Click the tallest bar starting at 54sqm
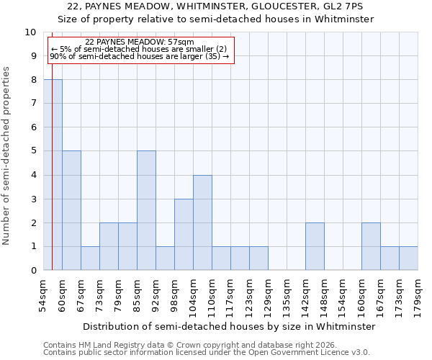coord(53,175)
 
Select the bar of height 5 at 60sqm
coord(71,210)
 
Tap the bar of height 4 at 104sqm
coord(202,222)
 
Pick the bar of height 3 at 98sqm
coord(184,234)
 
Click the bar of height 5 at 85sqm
coord(146,210)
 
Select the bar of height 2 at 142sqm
coord(315,246)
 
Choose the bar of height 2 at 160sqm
coord(371,246)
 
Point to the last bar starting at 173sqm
coord(408,258)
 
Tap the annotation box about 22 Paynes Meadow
coord(140,50)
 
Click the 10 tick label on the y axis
coord(30,32)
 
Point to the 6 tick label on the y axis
coord(33,127)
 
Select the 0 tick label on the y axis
coord(33,271)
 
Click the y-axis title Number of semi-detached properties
coord(7,156)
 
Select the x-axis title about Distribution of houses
coord(229,326)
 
